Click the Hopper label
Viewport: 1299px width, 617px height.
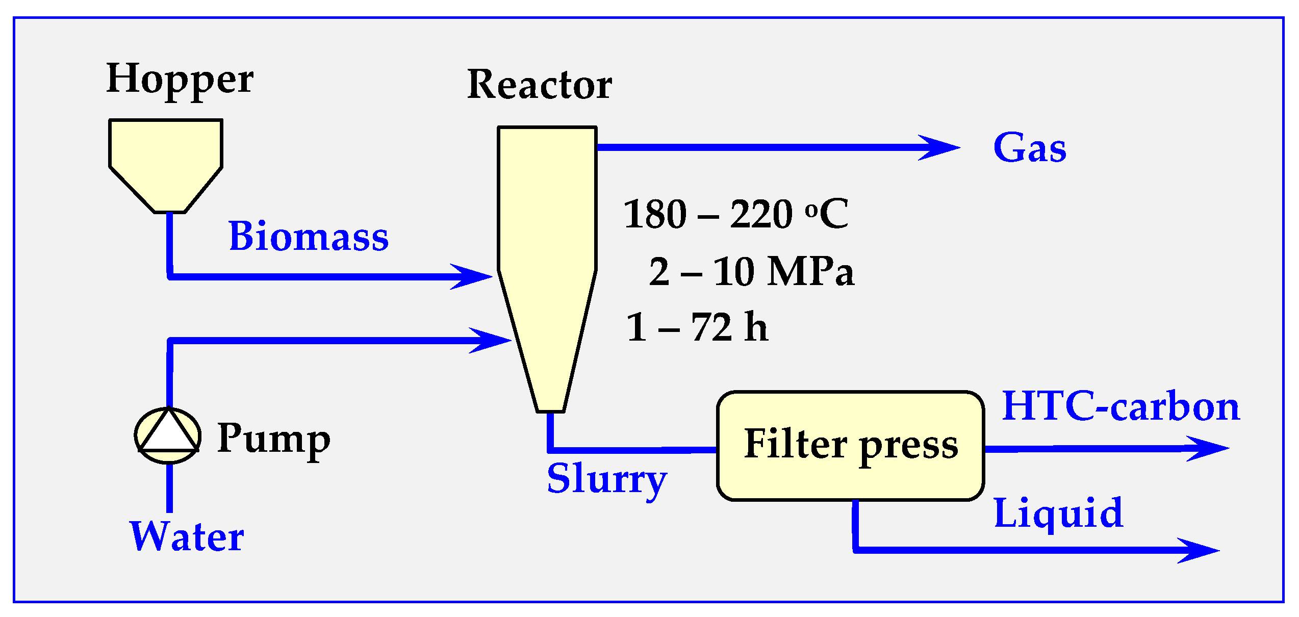(x=180, y=80)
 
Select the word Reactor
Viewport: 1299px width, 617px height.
(x=539, y=85)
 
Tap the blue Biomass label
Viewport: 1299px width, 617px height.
(x=309, y=237)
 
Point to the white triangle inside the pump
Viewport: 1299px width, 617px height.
(x=168, y=433)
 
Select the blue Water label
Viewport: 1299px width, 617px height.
(x=187, y=537)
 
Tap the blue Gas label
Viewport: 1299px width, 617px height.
(x=1030, y=148)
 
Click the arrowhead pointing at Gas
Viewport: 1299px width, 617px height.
(x=941, y=148)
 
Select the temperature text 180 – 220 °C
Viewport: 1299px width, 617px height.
(x=735, y=214)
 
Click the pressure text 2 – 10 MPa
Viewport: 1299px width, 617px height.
(x=751, y=272)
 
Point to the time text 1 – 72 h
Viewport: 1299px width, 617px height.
(x=697, y=327)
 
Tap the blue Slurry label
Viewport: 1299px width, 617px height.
(x=607, y=479)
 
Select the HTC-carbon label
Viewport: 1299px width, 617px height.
(x=1120, y=406)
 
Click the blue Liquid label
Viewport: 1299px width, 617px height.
(x=1058, y=513)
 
